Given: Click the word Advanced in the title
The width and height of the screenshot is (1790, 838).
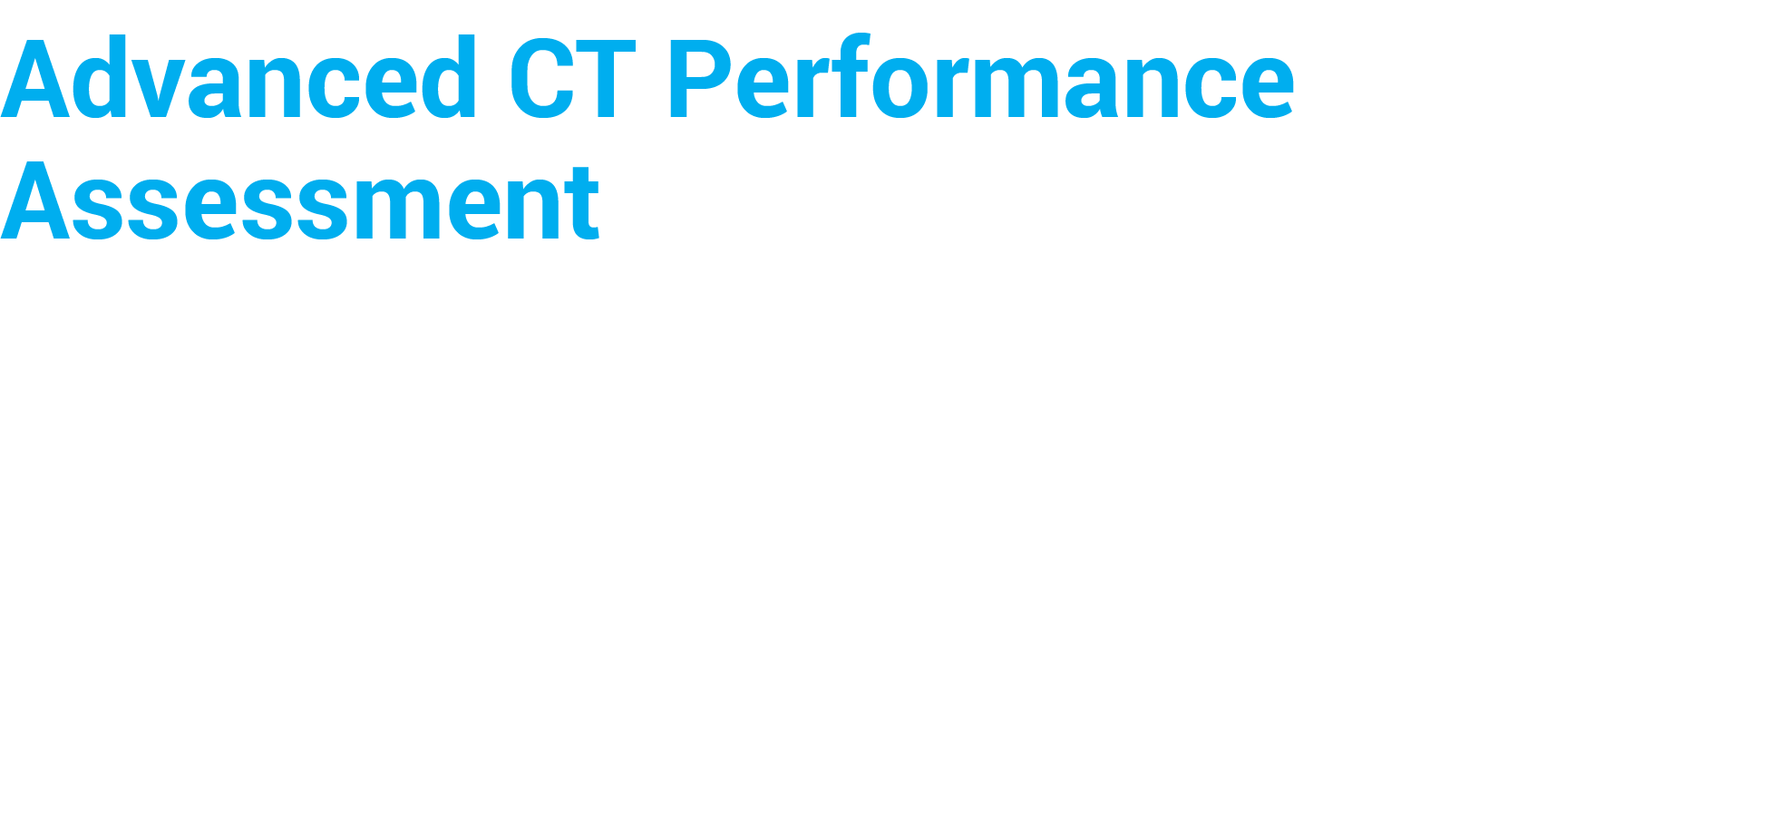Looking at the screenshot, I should pyautogui.click(x=238, y=80).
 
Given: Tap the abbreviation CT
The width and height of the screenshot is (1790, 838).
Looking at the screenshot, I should pyautogui.click(x=571, y=80).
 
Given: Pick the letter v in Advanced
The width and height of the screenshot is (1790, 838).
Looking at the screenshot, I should pyautogui.click(x=156, y=89).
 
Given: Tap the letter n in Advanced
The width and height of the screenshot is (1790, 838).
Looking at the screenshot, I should pyautogui.click(x=273, y=89).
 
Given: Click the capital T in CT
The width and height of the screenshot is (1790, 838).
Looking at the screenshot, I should pyautogui.click(x=606, y=80).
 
